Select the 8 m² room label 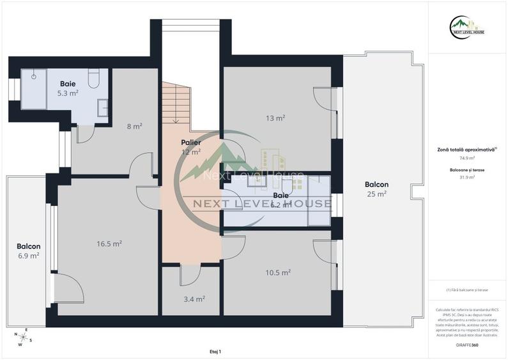tap(134, 127)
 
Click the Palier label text tap(190, 142)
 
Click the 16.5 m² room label tap(109, 244)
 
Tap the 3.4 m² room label tap(195, 299)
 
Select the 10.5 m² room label tap(278, 272)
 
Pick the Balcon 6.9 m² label tap(28, 251)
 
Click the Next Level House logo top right tap(467, 26)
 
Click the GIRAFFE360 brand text tap(466, 345)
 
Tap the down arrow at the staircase tap(176, 118)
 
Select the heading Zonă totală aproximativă tap(465, 149)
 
